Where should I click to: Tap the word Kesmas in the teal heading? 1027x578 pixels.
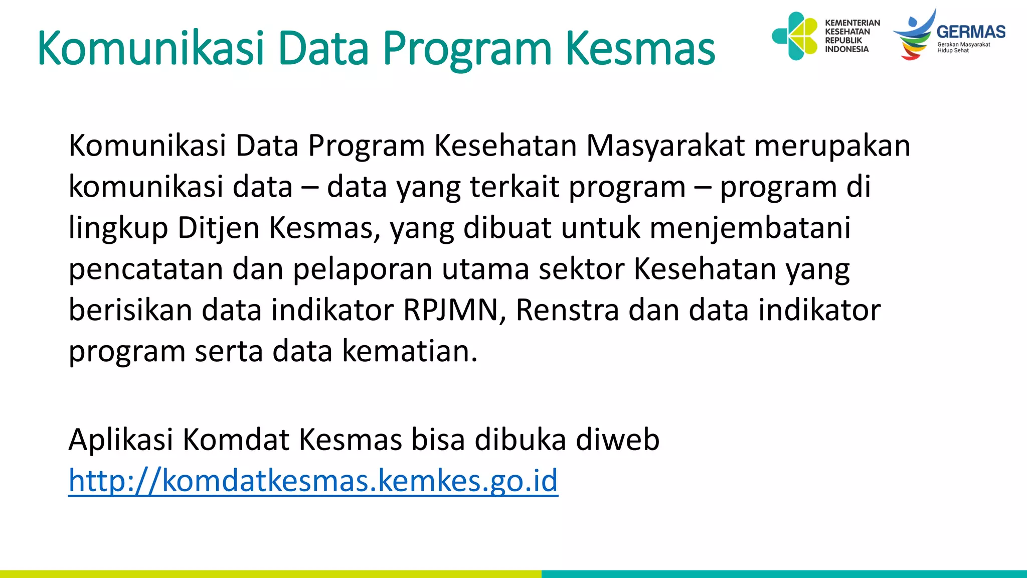pos(640,49)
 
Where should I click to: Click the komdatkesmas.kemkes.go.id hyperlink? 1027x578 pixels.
pos(313,480)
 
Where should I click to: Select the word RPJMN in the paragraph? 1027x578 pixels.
pos(450,310)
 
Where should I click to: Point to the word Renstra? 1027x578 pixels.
pos(567,310)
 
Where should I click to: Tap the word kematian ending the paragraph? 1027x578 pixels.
pos(409,351)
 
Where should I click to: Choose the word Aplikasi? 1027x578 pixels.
pos(120,440)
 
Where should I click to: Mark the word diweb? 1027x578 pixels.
pos(617,440)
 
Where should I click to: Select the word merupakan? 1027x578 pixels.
pos(832,146)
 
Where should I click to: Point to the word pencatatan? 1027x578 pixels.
pos(145,269)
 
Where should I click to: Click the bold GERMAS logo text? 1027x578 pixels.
pos(971,32)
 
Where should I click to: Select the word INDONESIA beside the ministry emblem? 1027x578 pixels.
pos(846,49)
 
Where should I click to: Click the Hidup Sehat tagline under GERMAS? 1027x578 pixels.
pos(953,51)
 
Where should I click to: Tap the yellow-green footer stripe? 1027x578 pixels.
pos(271,574)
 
